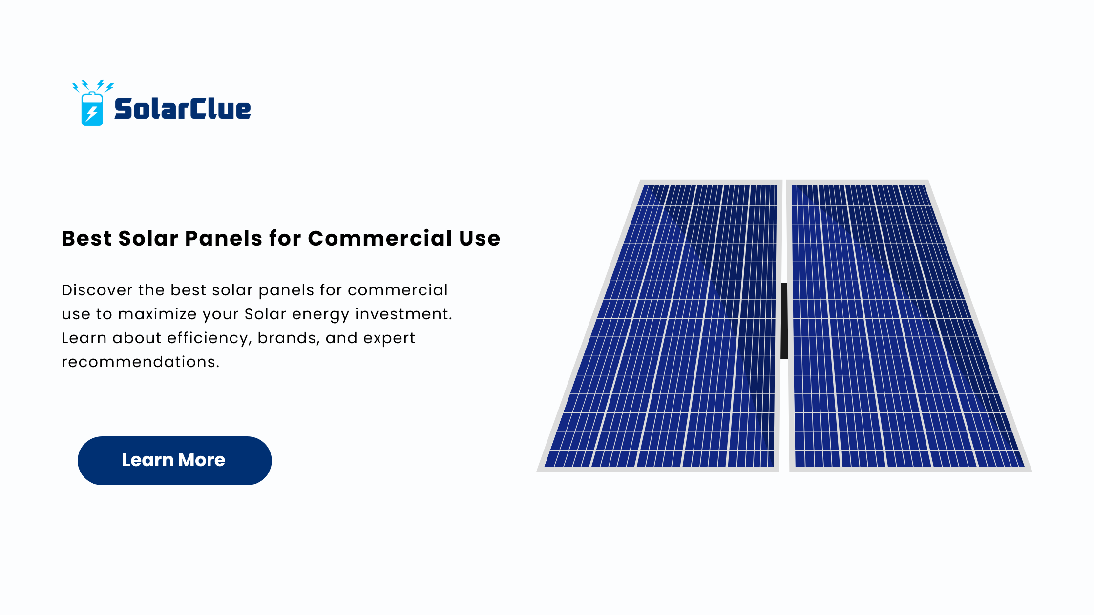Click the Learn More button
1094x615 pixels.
coord(174,460)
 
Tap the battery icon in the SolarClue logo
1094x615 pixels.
coord(92,109)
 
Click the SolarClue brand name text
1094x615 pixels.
coord(183,108)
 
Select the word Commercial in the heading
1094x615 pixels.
coord(380,238)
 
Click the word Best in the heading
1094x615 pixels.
coord(87,238)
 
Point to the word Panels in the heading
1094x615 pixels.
coord(224,238)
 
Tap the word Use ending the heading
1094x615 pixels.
coord(480,238)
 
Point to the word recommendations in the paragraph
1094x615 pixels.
coord(141,362)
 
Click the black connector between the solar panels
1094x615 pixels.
coord(784,321)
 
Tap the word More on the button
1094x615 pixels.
coord(202,460)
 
